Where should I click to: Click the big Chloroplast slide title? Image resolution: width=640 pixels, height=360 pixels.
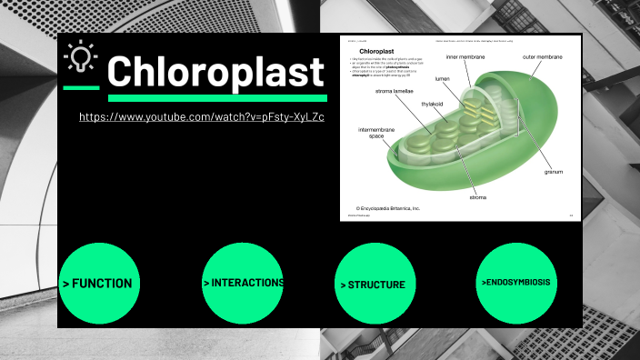click(215, 71)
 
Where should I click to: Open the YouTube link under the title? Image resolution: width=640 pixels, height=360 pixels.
click(202, 117)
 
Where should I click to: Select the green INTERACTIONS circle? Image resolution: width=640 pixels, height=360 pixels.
click(243, 283)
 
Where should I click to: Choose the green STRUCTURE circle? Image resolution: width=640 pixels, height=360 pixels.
click(374, 285)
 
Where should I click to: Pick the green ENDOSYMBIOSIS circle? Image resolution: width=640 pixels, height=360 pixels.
click(516, 283)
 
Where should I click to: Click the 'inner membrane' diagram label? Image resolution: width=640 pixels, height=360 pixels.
click(465, 57)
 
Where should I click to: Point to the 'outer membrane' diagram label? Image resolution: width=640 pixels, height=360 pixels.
click(542, 57)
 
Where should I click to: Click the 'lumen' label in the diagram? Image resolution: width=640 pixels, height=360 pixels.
click(442, 79)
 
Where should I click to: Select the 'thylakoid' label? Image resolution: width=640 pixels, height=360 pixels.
click(431, 105)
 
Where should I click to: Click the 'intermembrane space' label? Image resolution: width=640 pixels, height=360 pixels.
click(376, 133)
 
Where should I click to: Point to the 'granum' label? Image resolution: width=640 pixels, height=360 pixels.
click(554, 171)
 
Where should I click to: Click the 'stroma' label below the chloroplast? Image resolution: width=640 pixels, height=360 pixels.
click(478, 197)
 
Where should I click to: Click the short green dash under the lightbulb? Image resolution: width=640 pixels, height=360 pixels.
click(81, 88)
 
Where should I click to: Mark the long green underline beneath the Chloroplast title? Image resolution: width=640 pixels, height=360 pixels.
click(217, 97)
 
